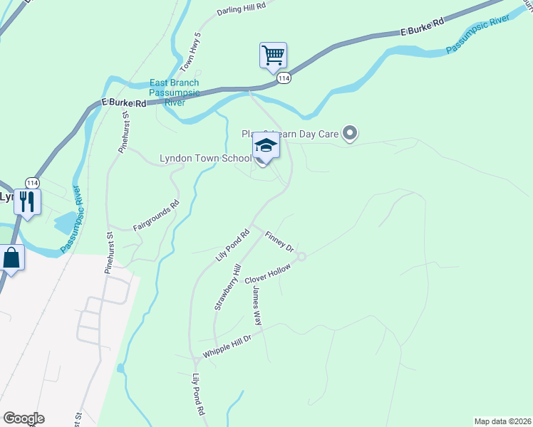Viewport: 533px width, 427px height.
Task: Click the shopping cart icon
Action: (x=273, y=55)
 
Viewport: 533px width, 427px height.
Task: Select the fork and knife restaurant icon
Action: (x=28, y=201)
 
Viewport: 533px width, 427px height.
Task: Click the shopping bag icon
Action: (x=12, y=258)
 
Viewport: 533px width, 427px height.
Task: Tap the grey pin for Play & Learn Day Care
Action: (x=349, y=133)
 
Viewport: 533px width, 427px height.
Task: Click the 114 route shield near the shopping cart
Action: (x=284, y=78)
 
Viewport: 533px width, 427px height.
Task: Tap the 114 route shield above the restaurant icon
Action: (x=31, y=182)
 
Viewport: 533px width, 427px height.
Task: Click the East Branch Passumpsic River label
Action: (x=175, y=93)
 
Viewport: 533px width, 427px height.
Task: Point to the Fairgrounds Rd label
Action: (x=156, y=216)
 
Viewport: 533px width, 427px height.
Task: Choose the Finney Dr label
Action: (x=279, y=242)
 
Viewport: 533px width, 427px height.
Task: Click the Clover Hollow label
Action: (x=269, y=271)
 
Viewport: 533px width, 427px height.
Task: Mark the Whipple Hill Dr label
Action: (x=227, y=347)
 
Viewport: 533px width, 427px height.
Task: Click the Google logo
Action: (x=24, y=418)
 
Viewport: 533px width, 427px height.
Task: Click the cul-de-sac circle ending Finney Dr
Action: (x=301, y=256)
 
